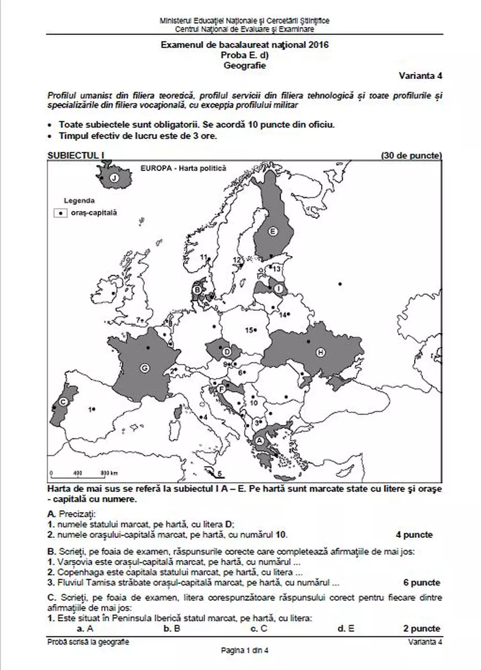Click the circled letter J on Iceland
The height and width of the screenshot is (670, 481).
(x=113, y=178)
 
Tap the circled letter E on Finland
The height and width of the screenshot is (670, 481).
(x=271, y=232)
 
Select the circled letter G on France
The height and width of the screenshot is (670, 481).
(x=145, y=368)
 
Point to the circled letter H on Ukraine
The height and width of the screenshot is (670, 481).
(x=320, y=352)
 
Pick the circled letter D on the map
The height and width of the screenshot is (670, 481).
(x=227, y=351)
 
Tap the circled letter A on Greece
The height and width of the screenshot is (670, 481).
(x=258, y=440)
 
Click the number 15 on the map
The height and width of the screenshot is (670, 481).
(x=249, y=330)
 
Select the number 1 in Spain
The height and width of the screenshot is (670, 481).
(x=90, y=409)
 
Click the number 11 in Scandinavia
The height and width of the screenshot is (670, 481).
(x=203, y=257)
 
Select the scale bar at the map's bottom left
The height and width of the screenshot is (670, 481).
(x=83, y=473)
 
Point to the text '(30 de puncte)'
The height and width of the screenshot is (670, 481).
(x=411, y=156)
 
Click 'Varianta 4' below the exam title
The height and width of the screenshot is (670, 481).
(x=420, y=76)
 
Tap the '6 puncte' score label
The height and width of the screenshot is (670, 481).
(x=421, y=583)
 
